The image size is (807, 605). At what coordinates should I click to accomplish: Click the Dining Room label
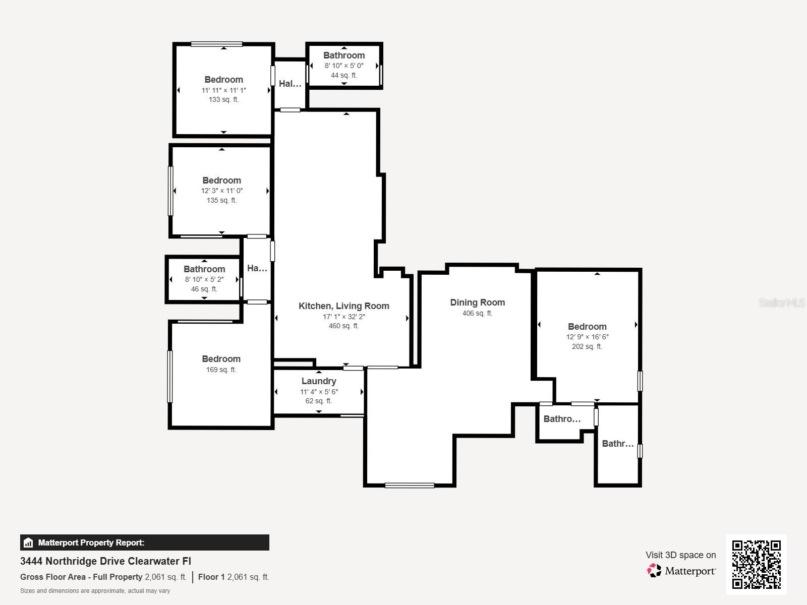coord(477,302)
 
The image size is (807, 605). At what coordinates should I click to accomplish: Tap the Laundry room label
coord(319,381)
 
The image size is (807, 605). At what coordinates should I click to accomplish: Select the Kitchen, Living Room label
coord(343,306)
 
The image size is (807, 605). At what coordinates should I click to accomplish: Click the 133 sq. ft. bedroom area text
coord(223,100)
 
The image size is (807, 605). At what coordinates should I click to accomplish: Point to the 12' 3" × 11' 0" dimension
coord(221,191)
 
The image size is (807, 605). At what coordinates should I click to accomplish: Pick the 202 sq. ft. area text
coord(587,347)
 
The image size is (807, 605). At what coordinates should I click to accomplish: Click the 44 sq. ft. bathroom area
coord(343,76)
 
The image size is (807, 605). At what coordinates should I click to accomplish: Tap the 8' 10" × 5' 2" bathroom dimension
coord(204,280)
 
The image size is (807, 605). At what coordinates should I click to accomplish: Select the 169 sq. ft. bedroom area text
coord(221,370)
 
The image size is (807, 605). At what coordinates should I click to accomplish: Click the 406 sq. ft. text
coord(477,314)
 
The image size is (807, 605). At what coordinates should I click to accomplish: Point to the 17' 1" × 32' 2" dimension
coord(343,317)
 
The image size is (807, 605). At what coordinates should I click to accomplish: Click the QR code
coord(756,564)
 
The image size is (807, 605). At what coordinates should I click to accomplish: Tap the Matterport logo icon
coord(654,571)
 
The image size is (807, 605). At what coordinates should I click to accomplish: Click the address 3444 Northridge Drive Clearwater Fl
coord(105,561)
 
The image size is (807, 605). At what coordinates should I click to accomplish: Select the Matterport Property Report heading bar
coord(144,542)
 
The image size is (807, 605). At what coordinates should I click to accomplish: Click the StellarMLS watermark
coord(782,303)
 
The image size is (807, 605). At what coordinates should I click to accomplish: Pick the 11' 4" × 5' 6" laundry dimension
coord(319,392)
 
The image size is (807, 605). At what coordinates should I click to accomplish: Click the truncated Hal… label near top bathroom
coord(290,84)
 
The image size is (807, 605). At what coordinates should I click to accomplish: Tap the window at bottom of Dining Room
coord(409,486)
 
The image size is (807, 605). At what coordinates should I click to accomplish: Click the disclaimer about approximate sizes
coord(95,591)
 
